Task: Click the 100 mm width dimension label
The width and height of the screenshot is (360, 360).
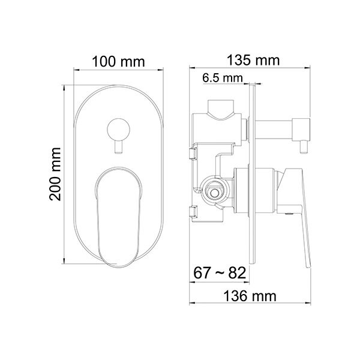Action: (x=118, y=62)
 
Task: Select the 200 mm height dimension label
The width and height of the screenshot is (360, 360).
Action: (x=55, y=174)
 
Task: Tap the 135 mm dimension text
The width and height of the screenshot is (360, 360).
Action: (x=253, y=61)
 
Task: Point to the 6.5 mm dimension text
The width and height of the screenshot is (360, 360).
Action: (x=223, y=78)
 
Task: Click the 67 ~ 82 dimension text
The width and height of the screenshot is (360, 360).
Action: (x=220, y=273)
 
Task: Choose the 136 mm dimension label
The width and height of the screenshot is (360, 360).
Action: (x=250, y=296)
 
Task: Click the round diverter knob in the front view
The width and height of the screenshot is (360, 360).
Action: (x=118, y=130)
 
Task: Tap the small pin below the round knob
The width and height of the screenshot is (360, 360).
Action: (x=118, y=147)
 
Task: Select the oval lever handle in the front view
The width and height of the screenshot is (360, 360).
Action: (x=118, y=217)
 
